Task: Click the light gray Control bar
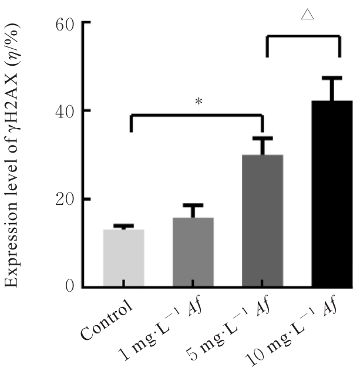pyautogui.click(x=123, y=258)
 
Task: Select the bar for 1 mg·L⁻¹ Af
pyautogui.click(x=193, y=252)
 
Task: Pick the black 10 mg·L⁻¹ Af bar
pyautogui.click(x=332, y=194)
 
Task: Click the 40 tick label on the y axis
pyautogui.click(x=64, y=111)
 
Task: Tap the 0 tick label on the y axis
pyautogui.click(x=70, y=287)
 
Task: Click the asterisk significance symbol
pyautogui.click(x=198, y=102)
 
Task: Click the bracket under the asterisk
pyautogui.click(x=196, y=116)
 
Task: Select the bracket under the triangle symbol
pyautogui.click(x=304, y=37)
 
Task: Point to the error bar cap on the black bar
pyautogui.click(x=332, y=78)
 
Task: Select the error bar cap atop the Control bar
pyautogui.click(x=123, y=225)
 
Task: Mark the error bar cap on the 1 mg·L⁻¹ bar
pyautogui.click(x=193, y=205)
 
